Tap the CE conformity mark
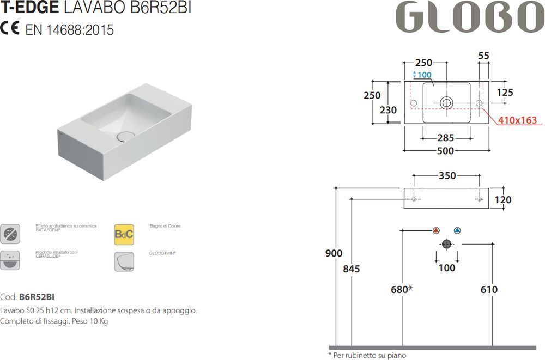point(11,29)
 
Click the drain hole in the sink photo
point(126,136)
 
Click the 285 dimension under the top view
point(446,137)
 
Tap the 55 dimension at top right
point(483,56)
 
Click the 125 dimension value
point(505,93)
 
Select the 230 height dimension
point(389,109)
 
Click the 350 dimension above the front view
point(447,176)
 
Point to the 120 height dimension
point(502,200)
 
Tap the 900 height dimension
point(334,253)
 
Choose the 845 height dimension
point(352,269)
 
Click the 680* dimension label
point(402,290)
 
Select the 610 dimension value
point(489,290)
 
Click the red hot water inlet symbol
point(437,230)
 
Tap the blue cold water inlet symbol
point(457,230)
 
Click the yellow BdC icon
point(124,234)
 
